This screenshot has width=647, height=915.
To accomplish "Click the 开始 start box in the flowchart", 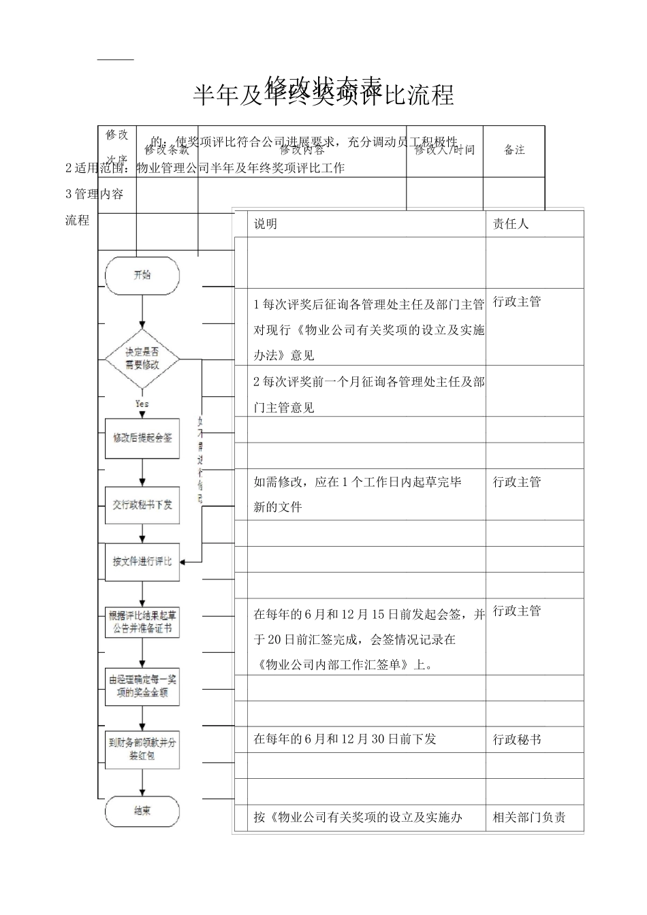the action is [142, 276].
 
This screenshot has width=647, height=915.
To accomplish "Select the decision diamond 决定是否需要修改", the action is [142, 358].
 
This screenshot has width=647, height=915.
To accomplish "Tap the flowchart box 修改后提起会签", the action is [142, 438].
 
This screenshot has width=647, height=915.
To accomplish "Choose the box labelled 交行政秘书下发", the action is [142, 505].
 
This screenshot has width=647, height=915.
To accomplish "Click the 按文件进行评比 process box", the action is [142, 562].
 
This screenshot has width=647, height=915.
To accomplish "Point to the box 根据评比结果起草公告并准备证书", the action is [142, 622].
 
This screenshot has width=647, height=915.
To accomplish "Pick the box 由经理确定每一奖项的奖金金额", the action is [142, 686].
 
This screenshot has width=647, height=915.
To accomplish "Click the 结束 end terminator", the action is [142, 811].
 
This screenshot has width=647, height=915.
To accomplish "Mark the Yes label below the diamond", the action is [142, 404].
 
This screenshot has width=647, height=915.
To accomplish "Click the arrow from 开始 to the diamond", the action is [142, 311].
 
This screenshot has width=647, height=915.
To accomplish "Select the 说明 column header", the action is [266, 224].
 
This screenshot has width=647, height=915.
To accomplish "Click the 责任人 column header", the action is [510, 224].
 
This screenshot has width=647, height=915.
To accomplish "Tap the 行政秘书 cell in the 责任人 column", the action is [517, 739].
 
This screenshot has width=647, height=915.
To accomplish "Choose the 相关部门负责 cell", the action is [529, 818].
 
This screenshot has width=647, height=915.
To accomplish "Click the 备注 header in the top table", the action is [514, 150].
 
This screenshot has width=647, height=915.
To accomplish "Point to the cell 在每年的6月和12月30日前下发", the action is [345, 739].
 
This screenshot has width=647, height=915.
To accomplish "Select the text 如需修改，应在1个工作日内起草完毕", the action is [358, 482].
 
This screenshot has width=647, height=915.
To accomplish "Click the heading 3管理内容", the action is [95, 194].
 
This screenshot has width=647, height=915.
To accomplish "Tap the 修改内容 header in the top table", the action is [302, 150].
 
